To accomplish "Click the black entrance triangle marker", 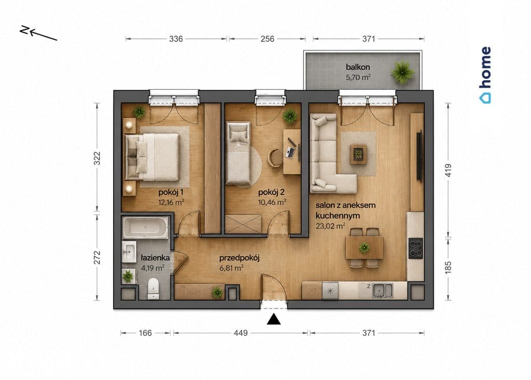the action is pyautogui.click(x=274, y=319).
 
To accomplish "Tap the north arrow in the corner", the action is pyautogui.click(x=38, y=33).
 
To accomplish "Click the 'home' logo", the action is pyautogui.click(x=485, y=75).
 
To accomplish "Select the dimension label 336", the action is pyautogui.click(x=176, y=39).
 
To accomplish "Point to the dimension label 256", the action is pyautogui.click(x=268, y=39).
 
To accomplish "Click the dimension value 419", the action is pyautogui.click(x=448, y=171).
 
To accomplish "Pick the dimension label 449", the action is pyautogui.click(x=241, y=333).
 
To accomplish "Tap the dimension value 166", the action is pyautogui.click(x=145, y=333).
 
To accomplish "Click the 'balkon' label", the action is pyautogui.click(x=358, y=67).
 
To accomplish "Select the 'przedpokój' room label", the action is pyautogui.click(x=239, y=258).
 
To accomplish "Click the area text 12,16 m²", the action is pyautogui.click(x=171, y=202).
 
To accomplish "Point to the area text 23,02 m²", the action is pyautogui.click(x=330, y=226).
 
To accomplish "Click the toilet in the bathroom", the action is pyautogui.click(x=153, y=289).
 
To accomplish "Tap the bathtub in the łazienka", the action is pyautogui.click(x=146, y=227).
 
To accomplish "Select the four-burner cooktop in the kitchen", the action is pyautogui.click(x=415, y=248).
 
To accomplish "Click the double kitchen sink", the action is pyautogui.click(x=382, y=291).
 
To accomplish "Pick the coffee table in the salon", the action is pyautogui.click(x=358, y=154).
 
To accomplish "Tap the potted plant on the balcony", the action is pyautogui.click(x=402, y=72).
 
